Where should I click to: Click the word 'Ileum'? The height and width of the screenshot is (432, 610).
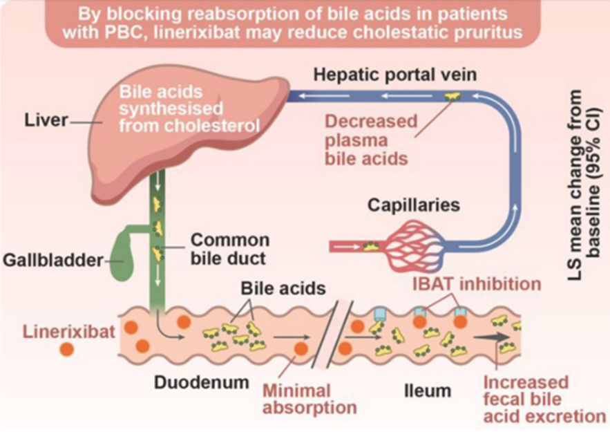pos(427,391)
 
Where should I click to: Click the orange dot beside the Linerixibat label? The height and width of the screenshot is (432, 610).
pos(67,349)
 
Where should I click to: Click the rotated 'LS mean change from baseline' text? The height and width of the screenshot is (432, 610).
pos(581,183)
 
